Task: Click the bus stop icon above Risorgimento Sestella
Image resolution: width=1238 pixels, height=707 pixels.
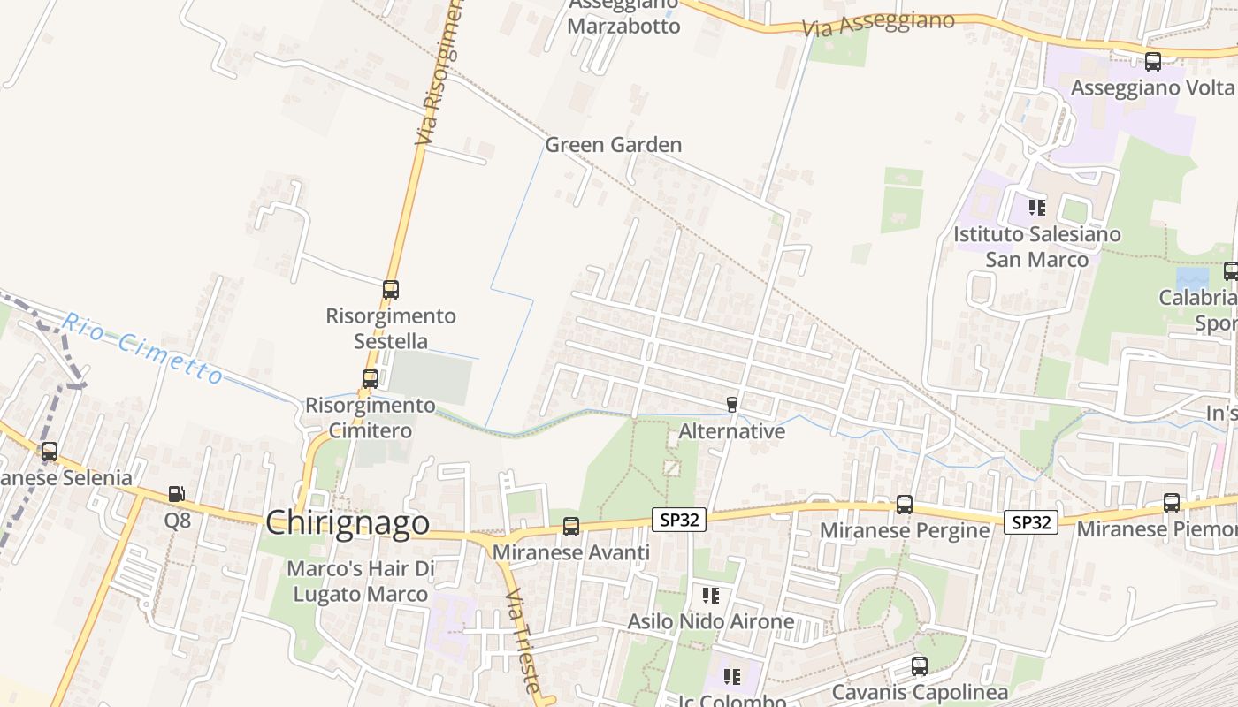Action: click(390, 289)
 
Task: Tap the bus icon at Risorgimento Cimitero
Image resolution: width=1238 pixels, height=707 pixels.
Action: click(371, 379)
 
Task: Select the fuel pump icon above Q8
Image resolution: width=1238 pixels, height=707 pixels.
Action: click(177, 494)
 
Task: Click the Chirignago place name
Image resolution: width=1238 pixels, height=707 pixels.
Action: click(348, 522)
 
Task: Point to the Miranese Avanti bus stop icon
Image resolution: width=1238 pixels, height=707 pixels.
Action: click(571, 527)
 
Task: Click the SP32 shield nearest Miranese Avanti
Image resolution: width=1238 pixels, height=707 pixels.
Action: click(679, 520)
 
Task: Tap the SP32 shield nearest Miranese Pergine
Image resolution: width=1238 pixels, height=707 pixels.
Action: click(1031, 522)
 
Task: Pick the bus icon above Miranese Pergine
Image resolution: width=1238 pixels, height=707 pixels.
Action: click(904, 505)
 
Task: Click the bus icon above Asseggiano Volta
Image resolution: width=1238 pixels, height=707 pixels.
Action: click(1153, 62)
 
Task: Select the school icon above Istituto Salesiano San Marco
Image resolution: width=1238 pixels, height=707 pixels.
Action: click(1037, 208)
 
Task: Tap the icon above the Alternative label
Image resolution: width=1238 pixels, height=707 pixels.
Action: click(731, 405)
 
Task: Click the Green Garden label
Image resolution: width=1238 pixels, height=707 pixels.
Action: click(613, 145)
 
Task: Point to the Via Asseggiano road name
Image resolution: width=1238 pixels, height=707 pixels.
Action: click(879, 24)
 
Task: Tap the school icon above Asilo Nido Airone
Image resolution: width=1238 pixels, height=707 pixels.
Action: click(710, 596)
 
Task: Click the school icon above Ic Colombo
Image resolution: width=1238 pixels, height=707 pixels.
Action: click(731, 677)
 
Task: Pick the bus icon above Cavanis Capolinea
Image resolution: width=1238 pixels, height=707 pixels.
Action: click(920, 666)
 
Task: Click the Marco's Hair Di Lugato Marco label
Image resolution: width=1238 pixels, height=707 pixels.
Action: click(361, 581)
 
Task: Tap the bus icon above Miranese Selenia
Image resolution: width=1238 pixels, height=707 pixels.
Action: click(50, 452)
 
